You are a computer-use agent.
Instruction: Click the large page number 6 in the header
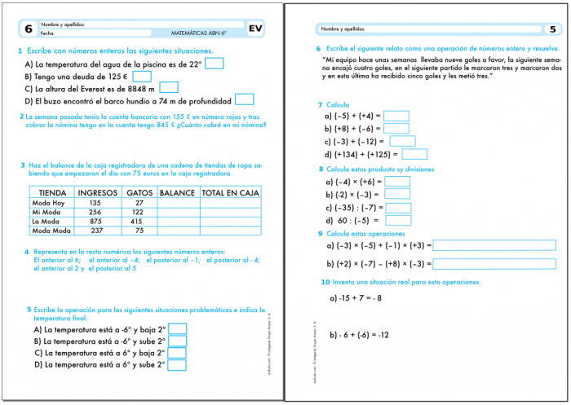[29, 29]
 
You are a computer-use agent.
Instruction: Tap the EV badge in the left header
[256, 29]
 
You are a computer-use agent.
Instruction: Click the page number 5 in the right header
[552, 29]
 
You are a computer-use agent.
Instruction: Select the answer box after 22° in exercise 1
[215, 64]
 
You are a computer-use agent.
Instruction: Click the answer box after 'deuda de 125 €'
[141, 77]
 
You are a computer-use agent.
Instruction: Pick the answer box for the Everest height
[169, 88]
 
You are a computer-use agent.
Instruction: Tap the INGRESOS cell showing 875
[95, 221]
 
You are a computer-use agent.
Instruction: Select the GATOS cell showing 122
[138, 212]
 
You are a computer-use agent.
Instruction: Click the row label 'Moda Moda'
[51, 231]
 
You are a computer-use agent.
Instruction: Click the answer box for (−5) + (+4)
[396, 116]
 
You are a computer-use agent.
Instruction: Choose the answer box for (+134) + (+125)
[414, 153]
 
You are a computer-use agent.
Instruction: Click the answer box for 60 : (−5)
[398, 220]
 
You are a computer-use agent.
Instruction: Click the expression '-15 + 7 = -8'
[356, 298]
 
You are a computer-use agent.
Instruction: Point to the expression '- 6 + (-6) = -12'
[360, 335]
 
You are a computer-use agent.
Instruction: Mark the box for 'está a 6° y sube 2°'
[177, 364]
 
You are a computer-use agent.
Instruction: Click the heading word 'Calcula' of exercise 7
[338, 105]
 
